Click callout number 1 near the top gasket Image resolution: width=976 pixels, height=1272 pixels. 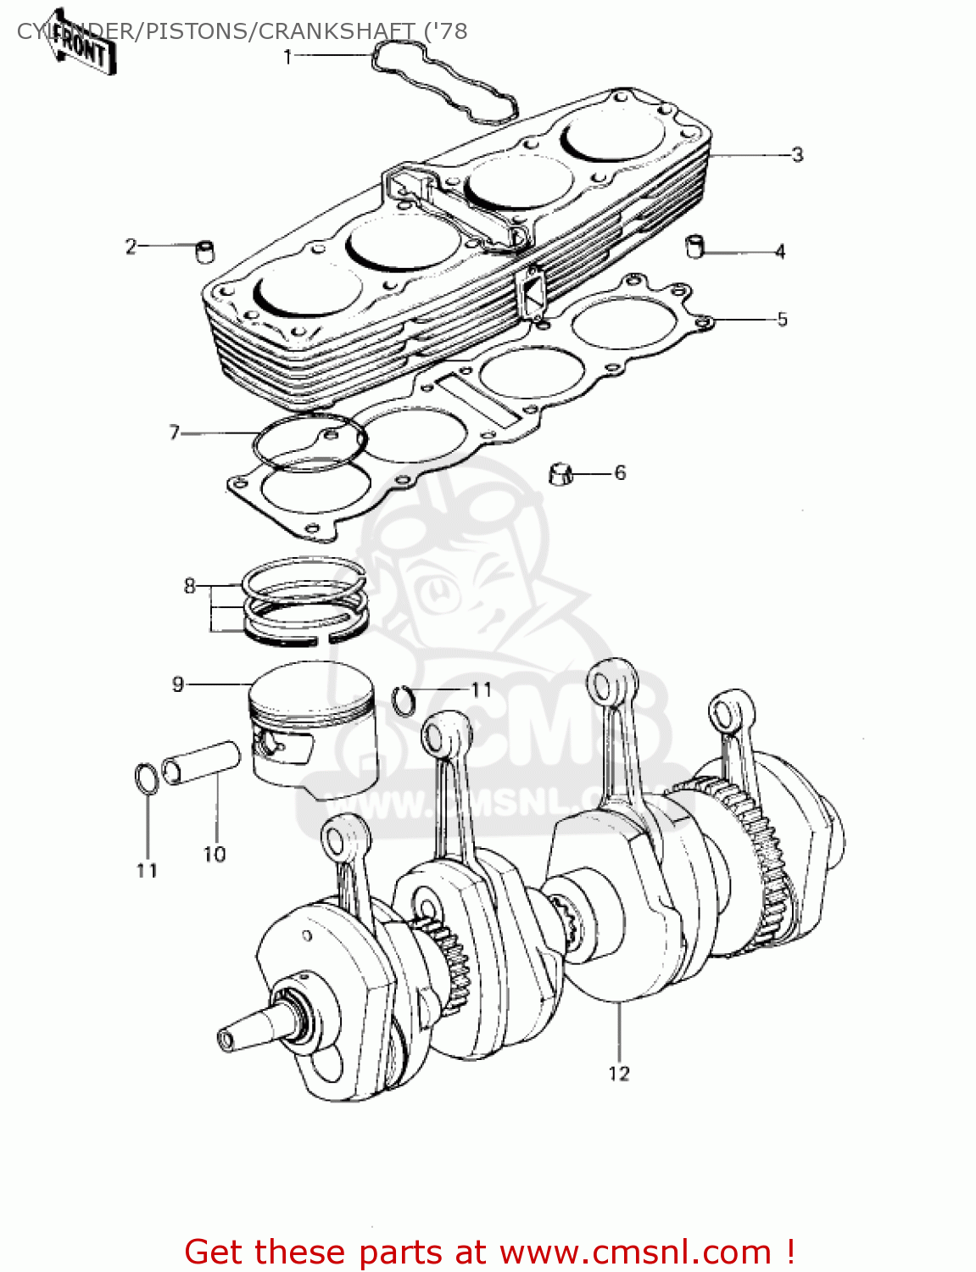[x=288, y=57]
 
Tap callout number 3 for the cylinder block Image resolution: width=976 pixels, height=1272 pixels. [x=796, y=154]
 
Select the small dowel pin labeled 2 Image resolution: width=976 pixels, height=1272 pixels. [x=204, y=252]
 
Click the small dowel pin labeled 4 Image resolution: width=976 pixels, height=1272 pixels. [x=694, y=246]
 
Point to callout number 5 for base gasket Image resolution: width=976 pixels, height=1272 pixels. [x=782, y=319]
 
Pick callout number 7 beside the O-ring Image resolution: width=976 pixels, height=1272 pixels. [x=175, y=432]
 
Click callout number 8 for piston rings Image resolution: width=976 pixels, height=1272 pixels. [x=190, y=586]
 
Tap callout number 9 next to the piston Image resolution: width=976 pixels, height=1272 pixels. [x=178, y=684]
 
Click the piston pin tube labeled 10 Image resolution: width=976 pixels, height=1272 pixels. [x=201, y=762]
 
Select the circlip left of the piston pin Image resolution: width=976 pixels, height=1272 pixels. [x=146, y=778]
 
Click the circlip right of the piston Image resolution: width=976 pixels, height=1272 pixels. [x=405, y=700]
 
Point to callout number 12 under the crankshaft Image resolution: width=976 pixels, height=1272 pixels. [x=619, y=1074]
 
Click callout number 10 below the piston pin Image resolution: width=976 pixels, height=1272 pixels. [x=215, y=854]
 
